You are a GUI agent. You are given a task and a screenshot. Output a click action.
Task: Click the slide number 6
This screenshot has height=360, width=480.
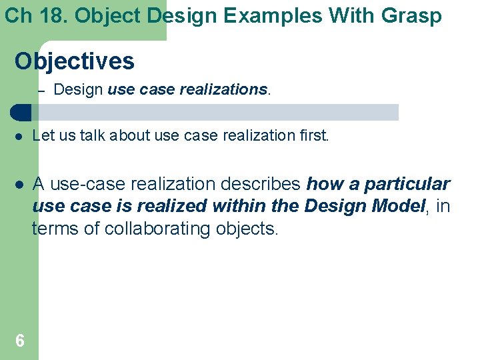tap(20, 341)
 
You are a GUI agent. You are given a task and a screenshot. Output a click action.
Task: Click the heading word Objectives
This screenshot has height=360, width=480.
tap(75, 61)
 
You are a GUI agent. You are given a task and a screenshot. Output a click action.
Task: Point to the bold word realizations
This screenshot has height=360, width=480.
tap(223, 89)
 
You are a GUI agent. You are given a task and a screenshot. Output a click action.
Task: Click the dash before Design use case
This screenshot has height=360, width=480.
tap(41, 91)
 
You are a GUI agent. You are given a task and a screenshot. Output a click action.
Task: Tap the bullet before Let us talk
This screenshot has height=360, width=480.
tap(19, 137)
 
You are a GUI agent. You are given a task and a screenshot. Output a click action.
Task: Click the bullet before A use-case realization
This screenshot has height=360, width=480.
tap(19, 185)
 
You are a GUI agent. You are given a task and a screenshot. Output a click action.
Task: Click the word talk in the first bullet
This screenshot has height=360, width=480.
tap(92, 135)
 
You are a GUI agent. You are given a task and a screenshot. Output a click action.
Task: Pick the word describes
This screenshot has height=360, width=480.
tap(261, 184)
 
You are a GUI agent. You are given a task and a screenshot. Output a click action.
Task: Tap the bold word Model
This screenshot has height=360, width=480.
tap(399, 206)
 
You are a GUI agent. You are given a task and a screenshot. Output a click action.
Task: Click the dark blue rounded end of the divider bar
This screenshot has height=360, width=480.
tap(21, 113)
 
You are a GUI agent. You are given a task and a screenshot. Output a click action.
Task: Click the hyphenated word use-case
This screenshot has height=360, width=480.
tap(88, 184)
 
